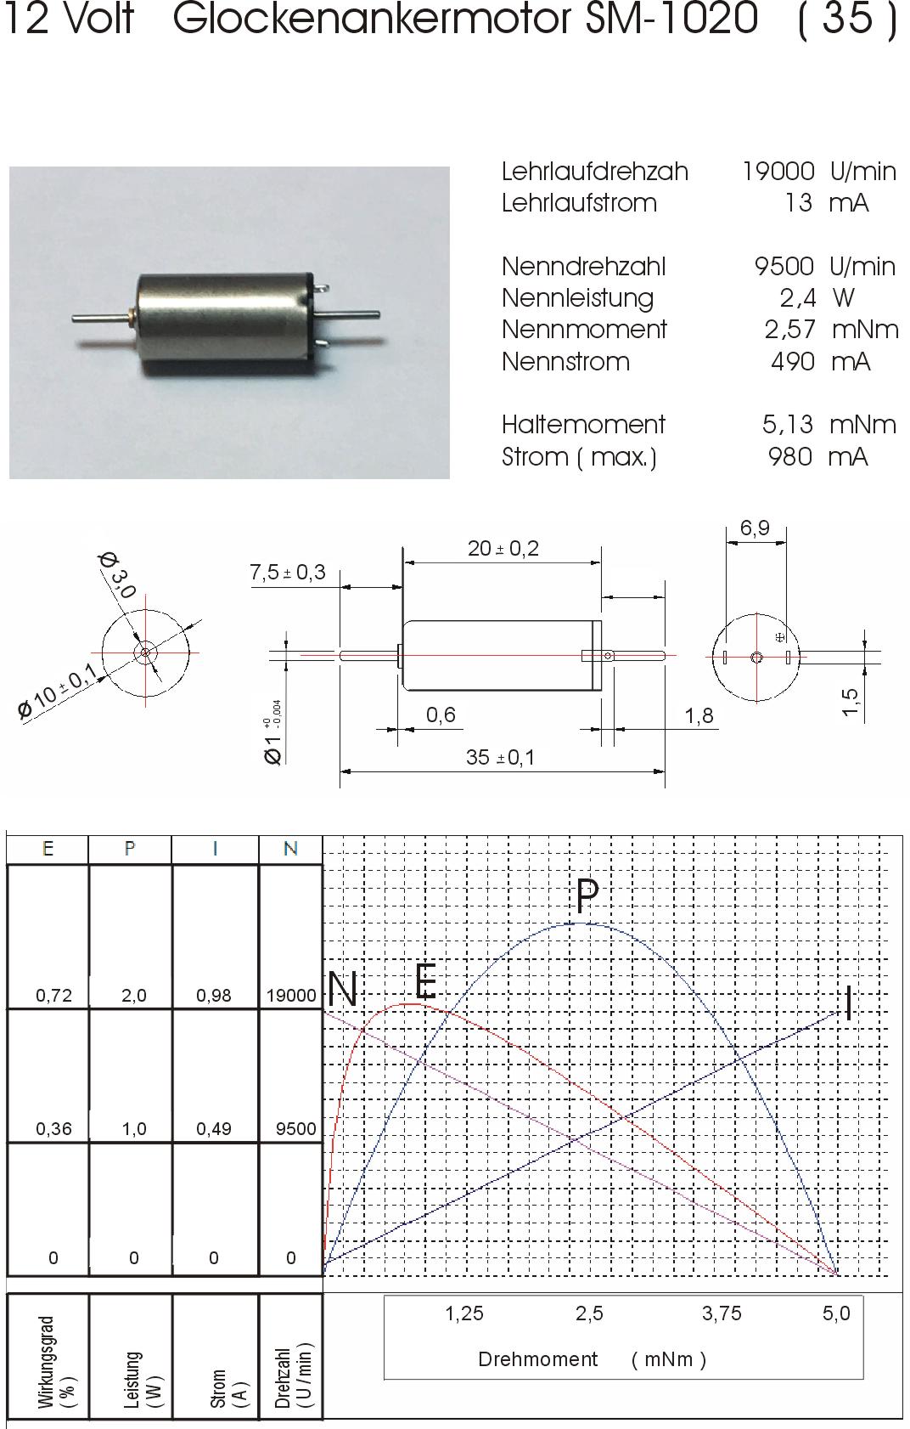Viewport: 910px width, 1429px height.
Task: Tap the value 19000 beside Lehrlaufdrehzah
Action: pyautogui.click(x=778, y=172)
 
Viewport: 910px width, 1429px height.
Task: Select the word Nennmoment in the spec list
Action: pyautogui.click(x=584, y=330)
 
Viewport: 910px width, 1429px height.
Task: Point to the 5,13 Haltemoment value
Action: pyautogui.click(x=788, y=425)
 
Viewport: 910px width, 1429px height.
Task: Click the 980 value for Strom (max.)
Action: pyautogui.click(x=790, y=457)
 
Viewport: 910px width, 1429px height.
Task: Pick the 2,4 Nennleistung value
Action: pyautogui.click(x=798, y=298)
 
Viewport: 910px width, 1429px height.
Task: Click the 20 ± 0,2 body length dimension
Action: pyautogui.click(x=503, y=548)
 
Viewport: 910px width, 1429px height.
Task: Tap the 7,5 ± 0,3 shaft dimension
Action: pyautogui.click(x=288, y=573)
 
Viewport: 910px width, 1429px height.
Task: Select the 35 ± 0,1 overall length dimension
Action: pyautogui.click(x=500, y=757)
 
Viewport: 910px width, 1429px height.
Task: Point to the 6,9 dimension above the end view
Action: pyautogui.click(x=755, y=528)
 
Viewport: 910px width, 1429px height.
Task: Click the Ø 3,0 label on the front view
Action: pyautogui.click(x=117, y=575)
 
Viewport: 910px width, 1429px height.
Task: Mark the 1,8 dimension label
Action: pyautogui.click(x=699, y=716)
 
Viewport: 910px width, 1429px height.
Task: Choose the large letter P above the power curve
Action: pyautogui.click(x=587, y=895)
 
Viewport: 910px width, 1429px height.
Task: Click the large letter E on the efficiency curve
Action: pyautogui.click(x=425, y=980)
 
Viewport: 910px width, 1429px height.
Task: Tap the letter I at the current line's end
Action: pyautogui.click(x=848, y=1003)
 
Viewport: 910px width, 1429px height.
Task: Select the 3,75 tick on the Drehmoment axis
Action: pyautogui.click(x=722, y=1313)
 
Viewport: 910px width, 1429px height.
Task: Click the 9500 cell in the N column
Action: pyautogui.click(x=295, y=1129)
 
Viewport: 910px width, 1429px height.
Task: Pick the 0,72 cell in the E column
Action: pyautogui.click(x=53, y=995)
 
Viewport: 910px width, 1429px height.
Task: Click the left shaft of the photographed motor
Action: pyautogui.click(x=101, y=316)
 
